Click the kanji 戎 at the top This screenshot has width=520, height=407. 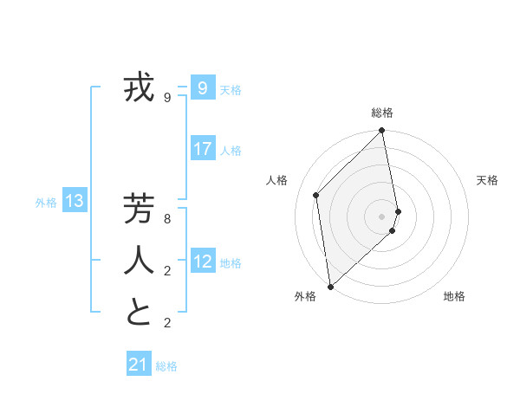click(139, 88)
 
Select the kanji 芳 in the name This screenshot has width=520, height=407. click(139, 210)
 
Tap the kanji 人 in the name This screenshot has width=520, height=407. click(139, 261)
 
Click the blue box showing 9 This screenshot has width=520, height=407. click(203, 87)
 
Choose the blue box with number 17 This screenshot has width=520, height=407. click(203, 148)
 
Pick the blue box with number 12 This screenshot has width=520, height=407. click(203, 261)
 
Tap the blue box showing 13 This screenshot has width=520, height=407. click(75, 202)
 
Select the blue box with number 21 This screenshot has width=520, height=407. click(139, 365)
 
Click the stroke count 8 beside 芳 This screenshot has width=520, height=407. click(167, 219)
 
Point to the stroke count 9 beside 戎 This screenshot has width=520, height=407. click(167, 98)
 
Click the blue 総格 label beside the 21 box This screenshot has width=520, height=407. click(166, 366)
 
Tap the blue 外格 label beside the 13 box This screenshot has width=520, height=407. click(46, 203)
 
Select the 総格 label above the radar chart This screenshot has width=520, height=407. click(382, 113)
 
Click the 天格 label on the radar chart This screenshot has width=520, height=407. click(487, 180)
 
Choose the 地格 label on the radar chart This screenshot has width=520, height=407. click(454, 296)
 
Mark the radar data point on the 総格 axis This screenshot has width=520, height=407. click(382, 132)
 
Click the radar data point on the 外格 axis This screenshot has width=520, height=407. click(330, 286)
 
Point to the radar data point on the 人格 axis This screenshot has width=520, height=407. click(316, 195)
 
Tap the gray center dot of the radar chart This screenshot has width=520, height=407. click(382, 216)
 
